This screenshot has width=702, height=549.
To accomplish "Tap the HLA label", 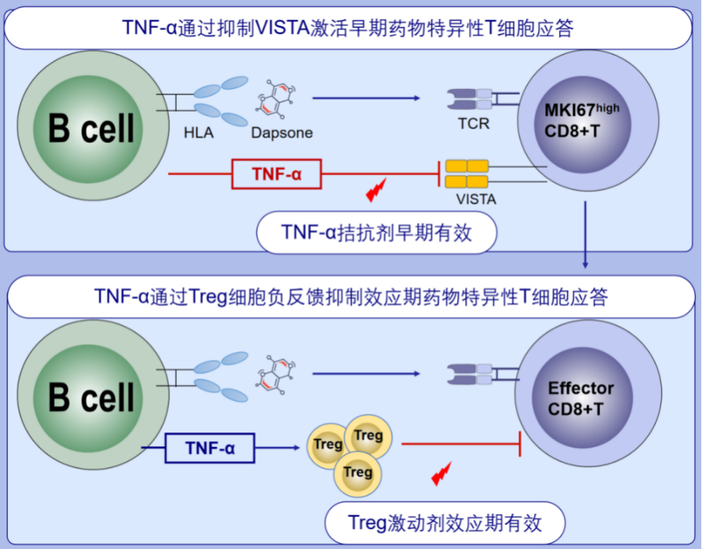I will tap(199, 133).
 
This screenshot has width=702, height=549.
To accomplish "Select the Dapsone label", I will tap(282, 133).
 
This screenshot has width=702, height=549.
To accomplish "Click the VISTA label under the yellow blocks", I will tap(475, 199).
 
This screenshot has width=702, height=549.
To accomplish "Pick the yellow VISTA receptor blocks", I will tap(467, 174).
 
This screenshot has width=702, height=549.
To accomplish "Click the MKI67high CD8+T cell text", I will tap(581, 119).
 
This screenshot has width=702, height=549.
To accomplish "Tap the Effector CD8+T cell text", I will tap(581, 398).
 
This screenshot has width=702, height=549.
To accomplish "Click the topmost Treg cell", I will tap(369, 436).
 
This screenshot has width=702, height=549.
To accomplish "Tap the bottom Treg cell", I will tap(358, 471).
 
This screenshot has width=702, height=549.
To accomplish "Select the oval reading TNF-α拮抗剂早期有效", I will tap(376, 233).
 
